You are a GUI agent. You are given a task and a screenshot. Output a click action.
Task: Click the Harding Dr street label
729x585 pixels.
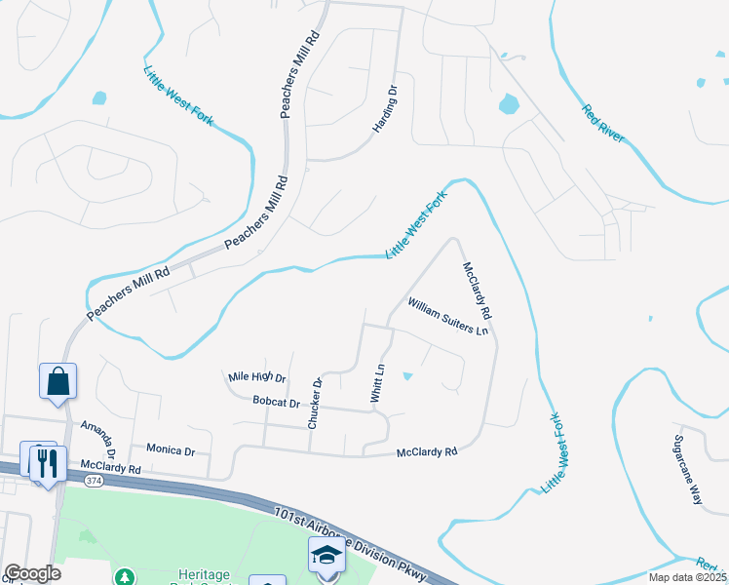coord(386,109)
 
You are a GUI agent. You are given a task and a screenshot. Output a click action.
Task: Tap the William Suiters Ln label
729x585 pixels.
coord(447,317)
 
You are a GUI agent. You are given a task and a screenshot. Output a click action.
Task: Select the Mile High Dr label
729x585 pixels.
coord(256,377)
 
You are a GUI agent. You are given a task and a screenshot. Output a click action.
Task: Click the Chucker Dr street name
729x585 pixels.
coord(315,404)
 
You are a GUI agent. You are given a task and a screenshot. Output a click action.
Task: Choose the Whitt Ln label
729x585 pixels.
coord(378,384)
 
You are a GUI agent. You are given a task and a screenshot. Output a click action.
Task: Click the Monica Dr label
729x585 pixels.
coord(171,449)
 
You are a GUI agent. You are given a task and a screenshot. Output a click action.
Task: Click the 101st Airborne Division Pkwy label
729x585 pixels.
coord(351,545)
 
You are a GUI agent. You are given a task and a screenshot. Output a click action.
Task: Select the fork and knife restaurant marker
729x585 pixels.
coord(45,462)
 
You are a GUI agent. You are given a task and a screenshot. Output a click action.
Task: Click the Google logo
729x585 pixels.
coord(33,573)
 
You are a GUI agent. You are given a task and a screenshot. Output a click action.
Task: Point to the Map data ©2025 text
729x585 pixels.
coord(687,577)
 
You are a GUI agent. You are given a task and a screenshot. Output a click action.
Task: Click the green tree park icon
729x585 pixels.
coord(124,576)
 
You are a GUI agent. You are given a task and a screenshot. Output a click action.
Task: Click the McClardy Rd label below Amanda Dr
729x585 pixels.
coord(111,469)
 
